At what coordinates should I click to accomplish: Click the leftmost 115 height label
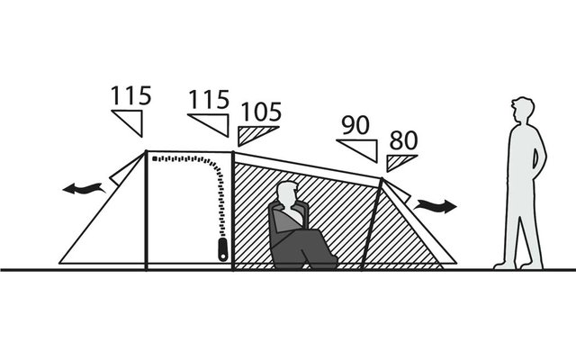[131, 96]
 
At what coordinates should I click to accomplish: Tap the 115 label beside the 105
[209, 100]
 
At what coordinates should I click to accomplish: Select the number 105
[262, 112]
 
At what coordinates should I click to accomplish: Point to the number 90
[355, 125]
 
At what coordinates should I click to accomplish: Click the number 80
[404, 140]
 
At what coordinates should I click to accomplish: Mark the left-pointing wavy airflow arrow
[84, 189]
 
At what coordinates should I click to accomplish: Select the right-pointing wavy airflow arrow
[436, 206]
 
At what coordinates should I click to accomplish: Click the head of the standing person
[523, 110]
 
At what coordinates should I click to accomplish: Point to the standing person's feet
[518, 265]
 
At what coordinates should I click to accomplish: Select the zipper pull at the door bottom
[223, 249]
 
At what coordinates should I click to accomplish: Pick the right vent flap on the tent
[397, 191]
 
